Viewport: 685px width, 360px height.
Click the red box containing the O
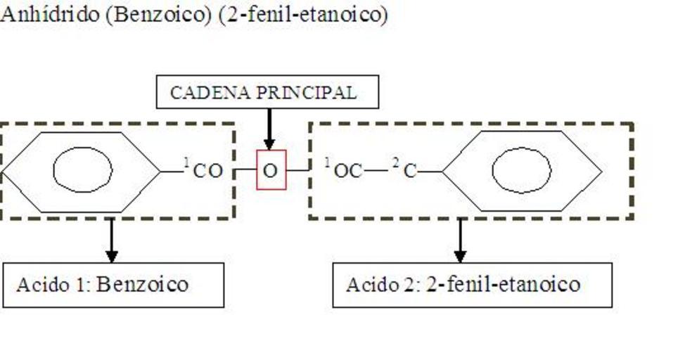pyautogui.click(x=271, y=170)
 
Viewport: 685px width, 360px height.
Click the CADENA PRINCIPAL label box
pyautogui.click(x=267, y=92)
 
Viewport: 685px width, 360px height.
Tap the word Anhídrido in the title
pyautogui.click(x=49, y=15)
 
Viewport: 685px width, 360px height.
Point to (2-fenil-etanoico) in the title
pyautogui.click(x=303, y=15)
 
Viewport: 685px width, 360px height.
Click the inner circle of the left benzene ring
pyautogui.click(x=83, y=169)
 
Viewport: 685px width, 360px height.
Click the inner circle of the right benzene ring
pyautogui.click(x=521, y=170)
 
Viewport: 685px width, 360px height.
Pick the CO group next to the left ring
pyautogui.click(x=208, y=171)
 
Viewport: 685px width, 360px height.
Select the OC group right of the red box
pyautogui.click(x=348, y=171)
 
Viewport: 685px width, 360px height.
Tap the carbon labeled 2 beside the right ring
pyautogui.click(x=411, y=171)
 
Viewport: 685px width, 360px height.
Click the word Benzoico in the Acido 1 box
pyautogui.click(x=143, y=285)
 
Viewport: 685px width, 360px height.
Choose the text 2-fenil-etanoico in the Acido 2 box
pyautogui.click(x=504, y=285)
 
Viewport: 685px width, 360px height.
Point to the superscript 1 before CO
pyautogui.click(x=186, y=163)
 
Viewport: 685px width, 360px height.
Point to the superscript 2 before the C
pyautogui.click(x=396, y=163)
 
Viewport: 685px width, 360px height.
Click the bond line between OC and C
pyautogui.click(x=376, y=170)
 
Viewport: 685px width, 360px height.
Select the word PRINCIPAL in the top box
pyautogui.click(x=316, y=93)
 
